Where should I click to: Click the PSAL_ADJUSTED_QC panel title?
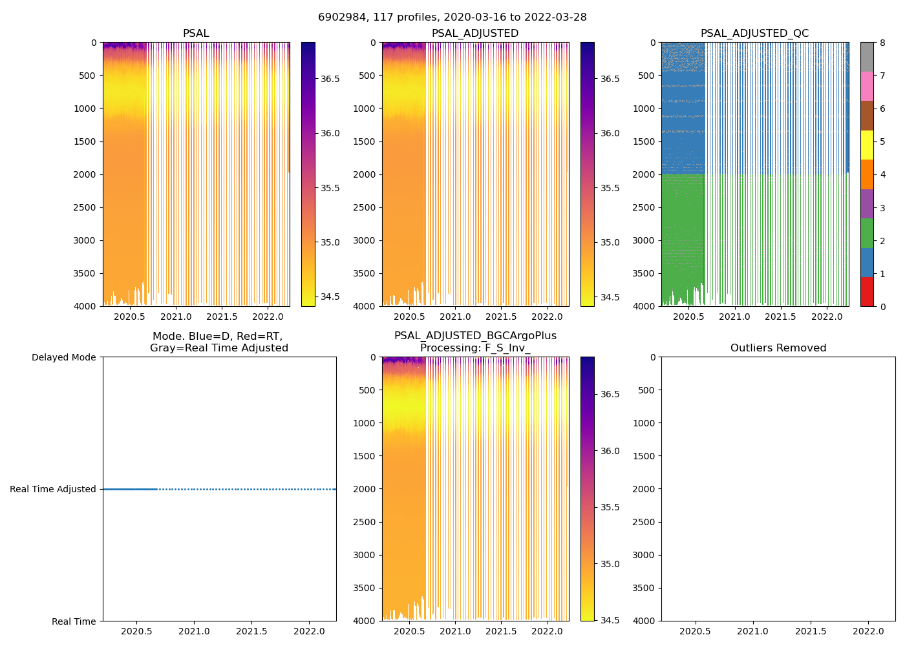pos(754,34)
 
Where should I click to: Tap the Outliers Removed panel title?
pos(778,348)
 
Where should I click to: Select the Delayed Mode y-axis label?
pos(63,357)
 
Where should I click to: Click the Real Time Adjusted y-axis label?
pos(53,489)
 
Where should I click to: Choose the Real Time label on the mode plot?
pos(74,621)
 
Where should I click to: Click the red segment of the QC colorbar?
pos(867,291)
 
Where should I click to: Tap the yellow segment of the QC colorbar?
pos(867,145)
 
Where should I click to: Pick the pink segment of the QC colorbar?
pos(867,86)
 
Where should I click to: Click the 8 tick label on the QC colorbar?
pos(882,43)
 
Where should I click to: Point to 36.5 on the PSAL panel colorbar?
pos(330,79)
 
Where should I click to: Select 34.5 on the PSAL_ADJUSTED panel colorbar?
pos(610,297)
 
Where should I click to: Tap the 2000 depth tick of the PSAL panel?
pos(85,174)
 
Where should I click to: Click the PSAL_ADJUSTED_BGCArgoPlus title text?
pos(475,336)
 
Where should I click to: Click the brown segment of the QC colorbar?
pos(867,116)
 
